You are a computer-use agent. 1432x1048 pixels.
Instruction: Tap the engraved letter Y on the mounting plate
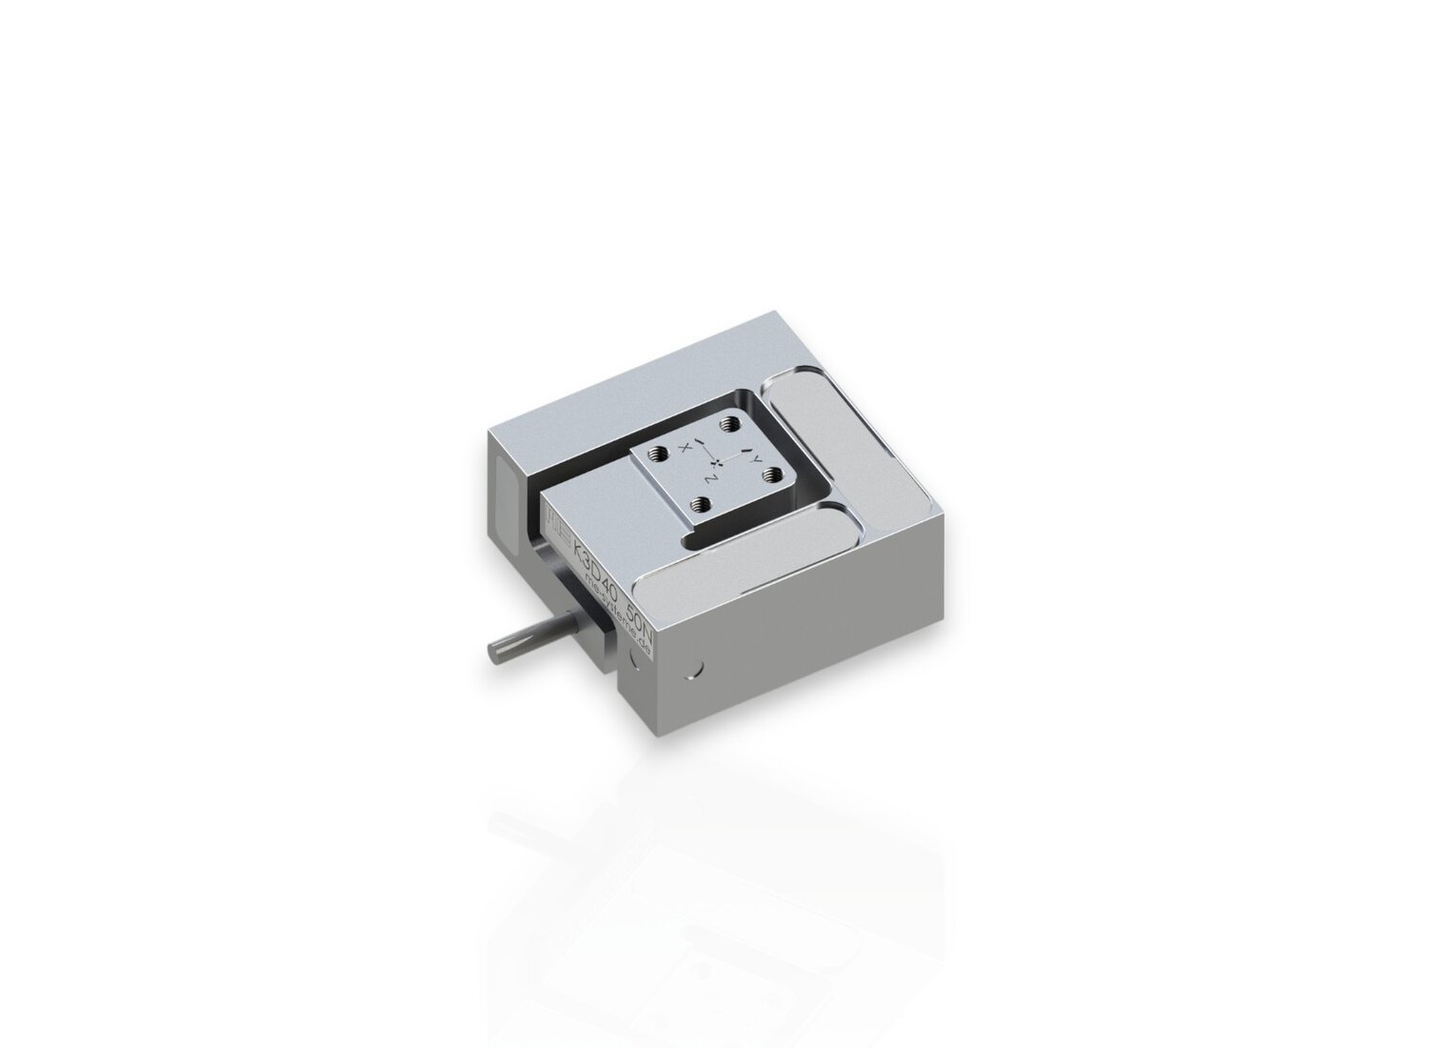(x=757, y=460)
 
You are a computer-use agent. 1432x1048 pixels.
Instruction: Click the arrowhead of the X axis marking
(x=701, y=444)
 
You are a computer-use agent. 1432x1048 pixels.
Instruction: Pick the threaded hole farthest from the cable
(x=730, y=425)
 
